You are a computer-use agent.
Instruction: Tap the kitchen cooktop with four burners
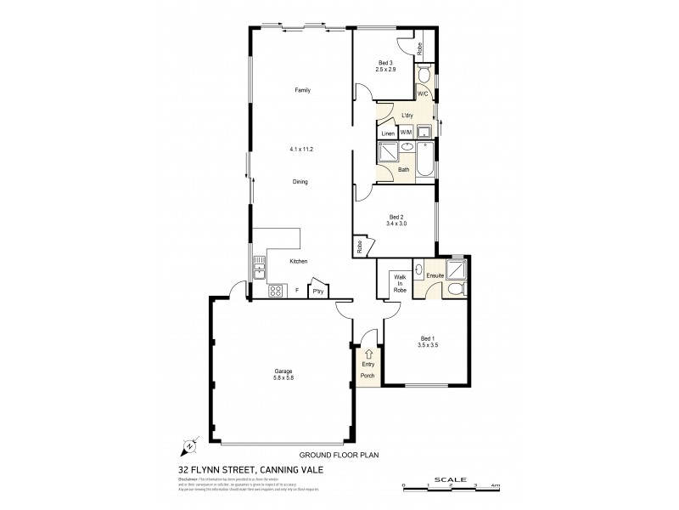point(276,291)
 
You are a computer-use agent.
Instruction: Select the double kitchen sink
point(257,271)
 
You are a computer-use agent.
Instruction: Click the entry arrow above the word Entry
point(368,354)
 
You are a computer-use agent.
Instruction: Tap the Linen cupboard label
point(387,133)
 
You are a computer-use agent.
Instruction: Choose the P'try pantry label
point(318,291)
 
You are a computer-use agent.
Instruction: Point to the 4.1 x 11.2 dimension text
point(300,149)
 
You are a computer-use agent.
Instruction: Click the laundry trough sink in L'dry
point(424,132)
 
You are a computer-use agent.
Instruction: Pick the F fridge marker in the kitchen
point(296,291)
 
